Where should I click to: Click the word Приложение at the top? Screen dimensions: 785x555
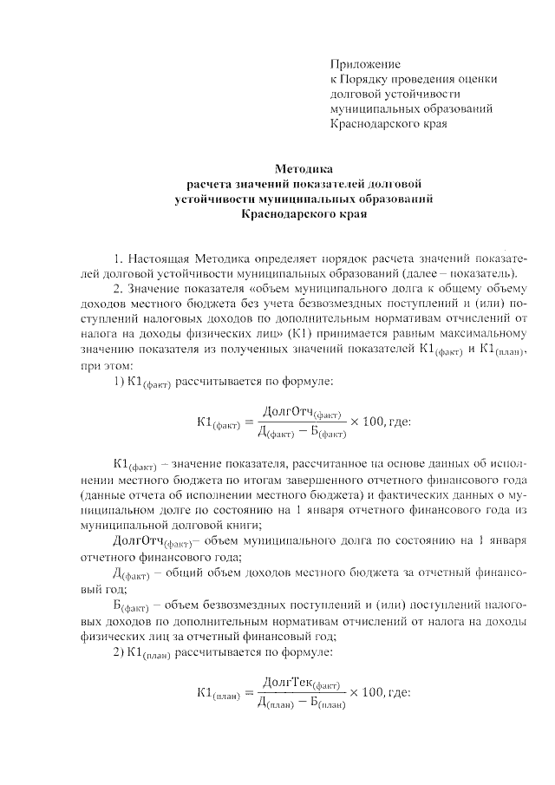(365, 64)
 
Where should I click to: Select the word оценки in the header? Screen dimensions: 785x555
(478, 79)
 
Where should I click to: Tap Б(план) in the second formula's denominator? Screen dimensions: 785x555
(328, 702)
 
